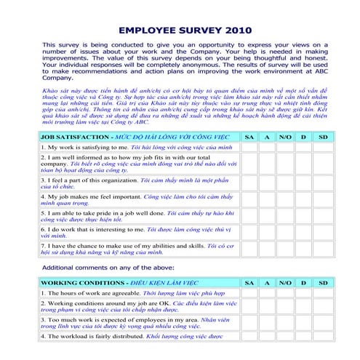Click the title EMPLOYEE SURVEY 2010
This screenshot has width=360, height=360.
pyautogui.click(x=179, y=31)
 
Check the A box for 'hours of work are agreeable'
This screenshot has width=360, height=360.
pyautogui.click(x=268, y=292)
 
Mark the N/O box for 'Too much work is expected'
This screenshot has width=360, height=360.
pyautogui.click(x=286, y=322)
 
